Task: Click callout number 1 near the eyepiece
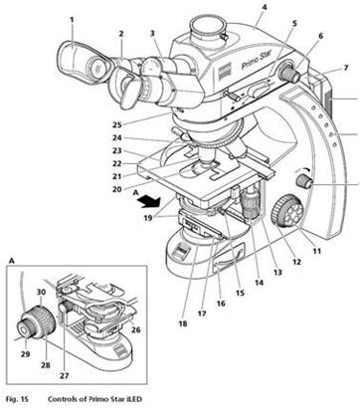(72, 20)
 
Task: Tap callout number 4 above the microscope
(264, 7)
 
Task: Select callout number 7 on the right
(346, 68)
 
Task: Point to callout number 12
(296, 262)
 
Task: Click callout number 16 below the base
(221, 304)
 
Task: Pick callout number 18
(183, 323)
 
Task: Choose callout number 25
(117, 124)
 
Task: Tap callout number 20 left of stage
(117, 189)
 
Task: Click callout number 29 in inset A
(25, 354)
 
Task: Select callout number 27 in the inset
(65, 375)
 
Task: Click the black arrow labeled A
(150, 201)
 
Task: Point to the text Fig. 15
(17, 399)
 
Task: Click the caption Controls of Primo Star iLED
(95, 399)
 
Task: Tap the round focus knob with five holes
(285, 211)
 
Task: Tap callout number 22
(117, 163)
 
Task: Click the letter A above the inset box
(11, 261)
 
